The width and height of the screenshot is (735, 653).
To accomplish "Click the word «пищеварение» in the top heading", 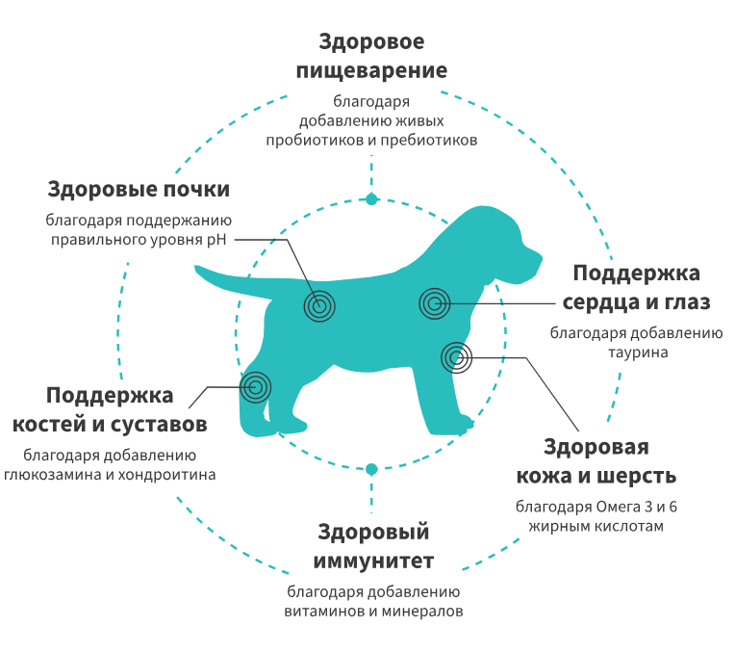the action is (371, 71).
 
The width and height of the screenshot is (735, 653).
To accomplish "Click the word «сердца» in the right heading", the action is (609, 301).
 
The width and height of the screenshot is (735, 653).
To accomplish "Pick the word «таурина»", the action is (636, 353).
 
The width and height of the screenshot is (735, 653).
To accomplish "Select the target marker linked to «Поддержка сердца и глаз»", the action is (435, 304).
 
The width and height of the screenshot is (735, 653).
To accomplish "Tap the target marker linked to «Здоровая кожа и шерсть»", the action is (457, 358).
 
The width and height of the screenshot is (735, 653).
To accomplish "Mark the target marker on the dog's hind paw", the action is (255, 387).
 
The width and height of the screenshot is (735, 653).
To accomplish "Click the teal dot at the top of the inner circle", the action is (371, 199).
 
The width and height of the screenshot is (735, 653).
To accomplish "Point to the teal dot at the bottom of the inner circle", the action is (371, 469).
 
